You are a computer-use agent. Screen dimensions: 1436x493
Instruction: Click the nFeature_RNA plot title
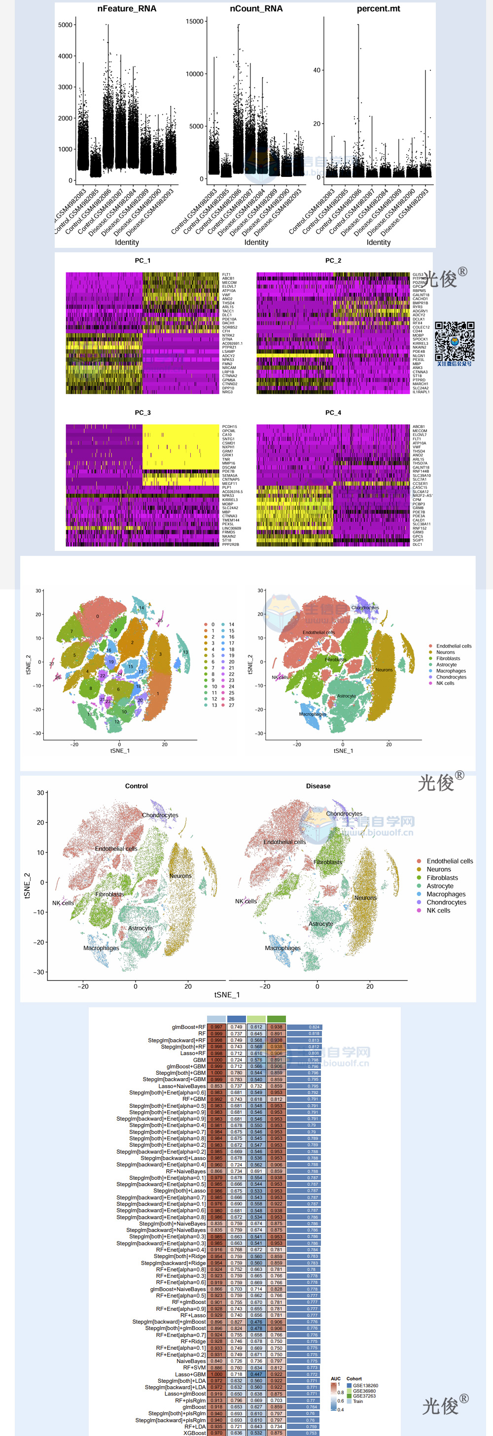(127, 9)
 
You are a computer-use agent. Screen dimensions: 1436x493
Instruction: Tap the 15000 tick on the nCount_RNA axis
(195, 21)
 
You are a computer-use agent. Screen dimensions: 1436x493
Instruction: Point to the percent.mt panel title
(378, 9)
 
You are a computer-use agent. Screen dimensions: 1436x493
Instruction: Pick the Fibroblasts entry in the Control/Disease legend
(442, 878)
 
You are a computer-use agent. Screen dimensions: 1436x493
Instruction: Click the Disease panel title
(318, 786)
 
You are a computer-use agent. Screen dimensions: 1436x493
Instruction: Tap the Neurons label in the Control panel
(180, 876)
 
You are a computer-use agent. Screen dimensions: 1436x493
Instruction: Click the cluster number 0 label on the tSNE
(98, 616)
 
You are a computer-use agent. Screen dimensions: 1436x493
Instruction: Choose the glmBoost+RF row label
(188, 1027)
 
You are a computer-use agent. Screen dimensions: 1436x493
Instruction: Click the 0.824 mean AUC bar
(304, 1027)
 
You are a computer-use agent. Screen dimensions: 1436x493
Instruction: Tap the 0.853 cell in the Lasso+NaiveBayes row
(216, 1086)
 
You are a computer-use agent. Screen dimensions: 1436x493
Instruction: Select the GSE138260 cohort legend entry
(365, 1385)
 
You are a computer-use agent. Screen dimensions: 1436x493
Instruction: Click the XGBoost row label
(195, 1433)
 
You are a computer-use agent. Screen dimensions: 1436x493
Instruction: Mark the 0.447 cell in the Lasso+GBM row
(256, 1374)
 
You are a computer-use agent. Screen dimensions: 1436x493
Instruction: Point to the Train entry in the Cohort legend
(357, 1401)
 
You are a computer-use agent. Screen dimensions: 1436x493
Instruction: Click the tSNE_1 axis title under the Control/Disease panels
(227, 994)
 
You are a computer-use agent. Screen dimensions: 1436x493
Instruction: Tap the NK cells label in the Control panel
(63, 902)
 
